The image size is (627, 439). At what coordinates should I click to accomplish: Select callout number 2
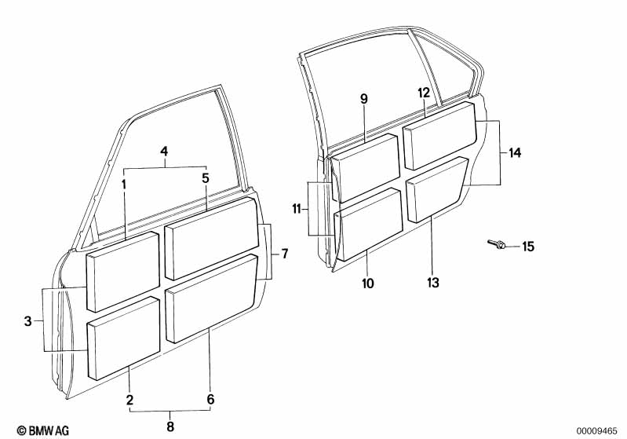(129, 400)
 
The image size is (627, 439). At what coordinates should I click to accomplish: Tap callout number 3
(28, 321)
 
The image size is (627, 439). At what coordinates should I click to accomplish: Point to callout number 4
(164, 151)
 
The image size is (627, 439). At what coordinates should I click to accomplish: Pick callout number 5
(206, 178)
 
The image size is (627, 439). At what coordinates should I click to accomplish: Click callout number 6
(210, 400)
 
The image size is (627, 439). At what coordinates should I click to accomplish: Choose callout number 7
(284, 254)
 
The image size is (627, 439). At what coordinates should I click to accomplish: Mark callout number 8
(170, 426)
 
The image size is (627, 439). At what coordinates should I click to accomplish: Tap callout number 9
(363, 98)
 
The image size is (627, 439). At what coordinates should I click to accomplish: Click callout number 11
(297, 209)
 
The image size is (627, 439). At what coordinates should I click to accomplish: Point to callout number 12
(423, 93)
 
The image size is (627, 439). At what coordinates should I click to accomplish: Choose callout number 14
(515, 153)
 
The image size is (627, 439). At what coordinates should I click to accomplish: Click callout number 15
(528, 247)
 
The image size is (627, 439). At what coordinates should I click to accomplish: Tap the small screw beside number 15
(495, 245)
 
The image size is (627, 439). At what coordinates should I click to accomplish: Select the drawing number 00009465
(599, 430)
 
